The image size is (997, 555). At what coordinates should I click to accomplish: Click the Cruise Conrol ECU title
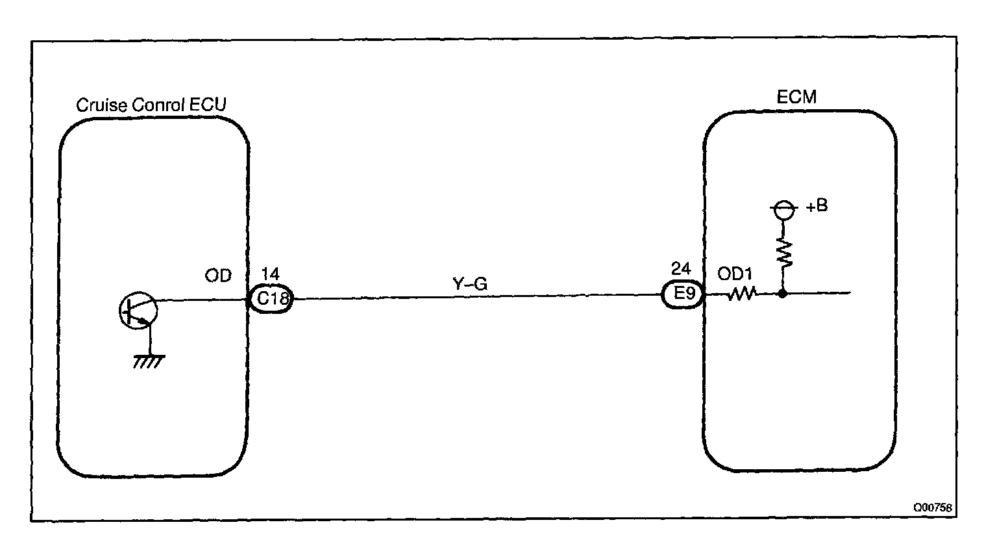(x=151, y=105)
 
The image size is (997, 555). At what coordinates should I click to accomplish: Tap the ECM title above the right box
(x=796, y=97)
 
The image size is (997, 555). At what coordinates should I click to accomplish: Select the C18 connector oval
(x=272, y=300)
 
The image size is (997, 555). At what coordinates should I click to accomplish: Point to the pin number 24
(x=681, y=268)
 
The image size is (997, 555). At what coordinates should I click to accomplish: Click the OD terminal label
(x=218, y=276)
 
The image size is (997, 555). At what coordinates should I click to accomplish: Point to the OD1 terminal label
(x=734, y=274)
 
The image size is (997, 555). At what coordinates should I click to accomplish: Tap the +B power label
(x=817, y=207)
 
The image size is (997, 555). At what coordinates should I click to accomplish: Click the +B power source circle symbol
(x=783, y=209)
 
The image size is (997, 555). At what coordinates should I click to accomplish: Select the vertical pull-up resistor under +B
(x=783, y=253)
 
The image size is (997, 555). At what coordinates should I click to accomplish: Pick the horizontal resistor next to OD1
(x=742, y=294)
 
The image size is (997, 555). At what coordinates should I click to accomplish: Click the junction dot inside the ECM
(x=783, y=294)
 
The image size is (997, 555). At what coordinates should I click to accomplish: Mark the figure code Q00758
(x=933, y=508)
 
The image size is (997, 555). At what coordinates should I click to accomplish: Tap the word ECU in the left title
(x=210, y=105)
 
